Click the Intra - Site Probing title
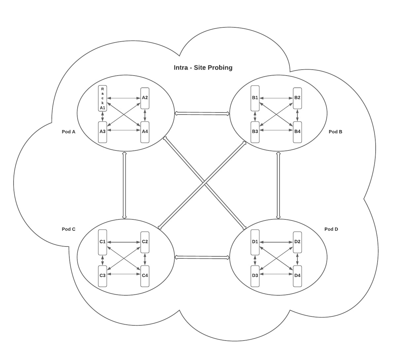[x=203, y=68]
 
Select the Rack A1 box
[x=103, y=98]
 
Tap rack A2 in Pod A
[x=145, y=98]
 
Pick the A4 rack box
[x=145, y=132]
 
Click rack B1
[x=255, y=98]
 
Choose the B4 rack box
[x=297, y=132]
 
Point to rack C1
[x=103, y=242]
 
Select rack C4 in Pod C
[x=145, y=276]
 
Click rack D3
[x=255, y=276]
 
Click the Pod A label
[x=69, y=132]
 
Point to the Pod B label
[x=335, y=132]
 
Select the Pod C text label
[x=69, y=229]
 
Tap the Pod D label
[x=331, y=229]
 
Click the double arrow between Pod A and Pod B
[x=202, y=114]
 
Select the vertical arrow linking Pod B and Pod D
[x=278, y=185]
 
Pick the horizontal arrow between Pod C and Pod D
[x=202, y=257]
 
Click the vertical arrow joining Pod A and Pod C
[x=124, y=185]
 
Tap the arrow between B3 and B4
[x=276, y=130]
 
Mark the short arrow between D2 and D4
[x=297, y=259]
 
